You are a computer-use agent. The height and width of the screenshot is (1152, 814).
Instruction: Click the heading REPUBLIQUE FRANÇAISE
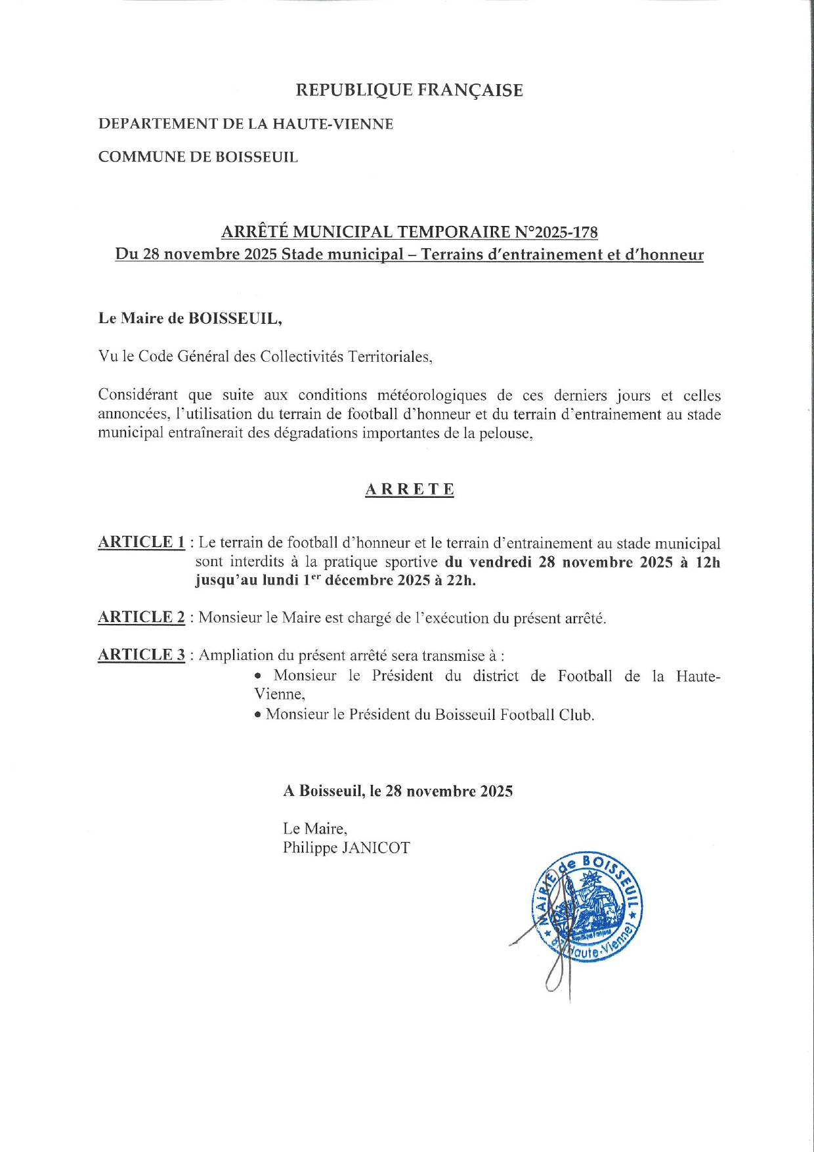coord(409,90)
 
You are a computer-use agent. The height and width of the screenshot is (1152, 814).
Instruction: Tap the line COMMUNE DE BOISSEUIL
coord(198,158)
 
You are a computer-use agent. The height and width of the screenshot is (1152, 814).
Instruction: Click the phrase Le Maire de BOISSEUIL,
coord(190,319)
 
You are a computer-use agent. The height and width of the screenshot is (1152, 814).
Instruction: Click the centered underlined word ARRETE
coord(410,489)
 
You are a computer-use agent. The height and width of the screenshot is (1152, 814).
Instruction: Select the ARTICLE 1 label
coord(141,543)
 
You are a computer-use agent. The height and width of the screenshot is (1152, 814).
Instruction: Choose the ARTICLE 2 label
coord(141,617)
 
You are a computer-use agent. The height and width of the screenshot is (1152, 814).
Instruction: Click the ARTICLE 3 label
coord(141,655)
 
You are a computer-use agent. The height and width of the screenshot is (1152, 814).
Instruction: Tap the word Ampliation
coord(236,655)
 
